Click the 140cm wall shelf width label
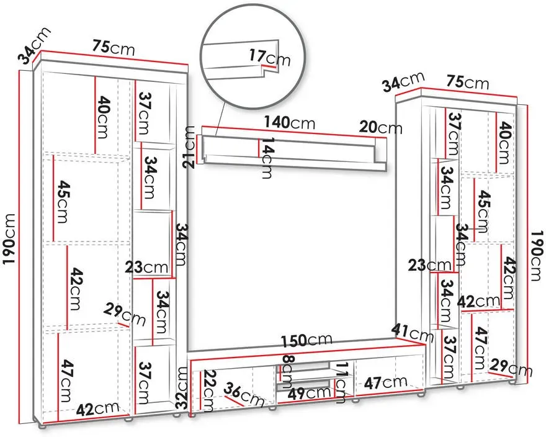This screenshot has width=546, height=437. [x=289, y=123]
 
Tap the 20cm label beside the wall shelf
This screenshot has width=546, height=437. [x=380, y=127]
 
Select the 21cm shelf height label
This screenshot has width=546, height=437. [x=190, y=147]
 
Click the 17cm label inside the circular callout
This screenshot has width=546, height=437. [x=269, y=58]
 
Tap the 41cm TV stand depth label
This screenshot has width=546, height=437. [x=412, y=333]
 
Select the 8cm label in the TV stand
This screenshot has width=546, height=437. [x=287, y=371]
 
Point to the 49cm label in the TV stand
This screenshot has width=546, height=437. [x=309, y=393]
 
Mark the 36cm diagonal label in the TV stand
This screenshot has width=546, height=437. [x=244, y=395]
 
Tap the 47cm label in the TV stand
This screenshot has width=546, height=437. [x=386, y=382]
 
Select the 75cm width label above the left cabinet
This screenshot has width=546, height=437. [x=114, y=47]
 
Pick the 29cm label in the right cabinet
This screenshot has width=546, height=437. [x=511, y=367]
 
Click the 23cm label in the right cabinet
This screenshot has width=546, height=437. [x=430, y=266]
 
